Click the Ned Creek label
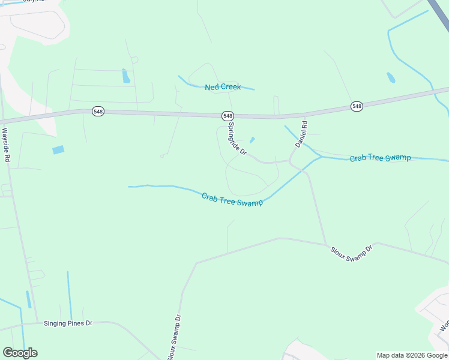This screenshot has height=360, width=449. tap(223, 87)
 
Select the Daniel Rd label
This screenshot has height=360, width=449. tap(301, 134)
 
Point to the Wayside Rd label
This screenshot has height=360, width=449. tap(7, 145)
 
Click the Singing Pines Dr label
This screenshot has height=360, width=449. tap(68, 323)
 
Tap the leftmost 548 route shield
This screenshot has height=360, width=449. tap(98, 112)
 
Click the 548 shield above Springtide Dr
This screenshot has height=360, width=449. tap(228, 115)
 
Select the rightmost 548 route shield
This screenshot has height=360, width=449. tap(357, 106)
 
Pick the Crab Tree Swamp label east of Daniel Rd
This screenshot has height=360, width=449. tap(381, 158)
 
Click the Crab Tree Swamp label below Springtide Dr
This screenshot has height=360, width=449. tap(232, 199)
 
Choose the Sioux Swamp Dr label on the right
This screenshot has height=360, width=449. tap(352, 251)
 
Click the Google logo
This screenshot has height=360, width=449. tap(20, 353)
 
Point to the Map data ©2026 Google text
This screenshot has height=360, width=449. tap(412, 355)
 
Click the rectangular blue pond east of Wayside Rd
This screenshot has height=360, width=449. tap(58, 150)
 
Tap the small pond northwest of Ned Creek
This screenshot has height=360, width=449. tap(126, 76)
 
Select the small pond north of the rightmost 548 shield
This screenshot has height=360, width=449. tap(391, 77)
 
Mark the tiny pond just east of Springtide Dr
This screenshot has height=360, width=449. tap(252, 140)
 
